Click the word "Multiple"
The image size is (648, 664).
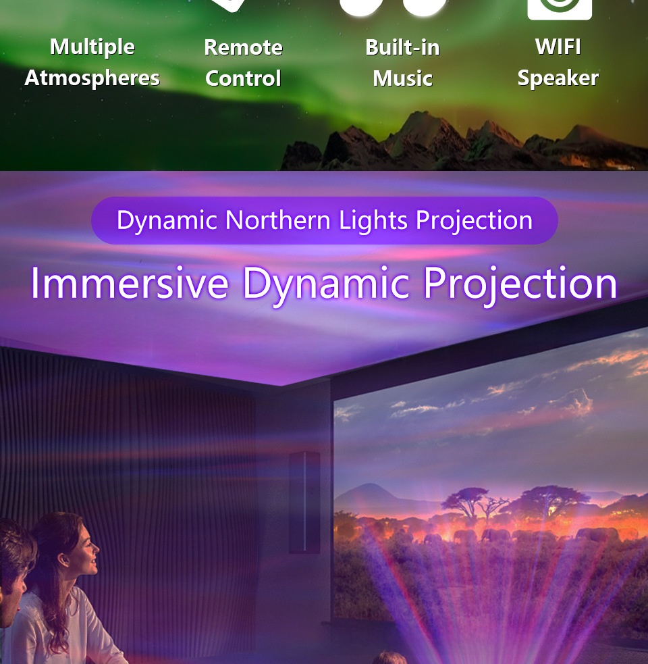[x=92, y=47]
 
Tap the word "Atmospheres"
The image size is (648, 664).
[x=92, y=78]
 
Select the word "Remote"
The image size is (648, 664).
[x=244, y=47]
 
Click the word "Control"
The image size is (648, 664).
[x=244, y=78]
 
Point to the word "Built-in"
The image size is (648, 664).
[x=402, y=47]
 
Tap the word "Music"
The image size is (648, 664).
[x=402, y=78]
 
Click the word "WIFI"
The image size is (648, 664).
[x=558, y=47]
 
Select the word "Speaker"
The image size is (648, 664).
[x=558, y=78]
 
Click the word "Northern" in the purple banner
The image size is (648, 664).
[x=277, y=220]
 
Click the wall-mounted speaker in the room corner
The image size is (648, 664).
[x=304, y=503]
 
